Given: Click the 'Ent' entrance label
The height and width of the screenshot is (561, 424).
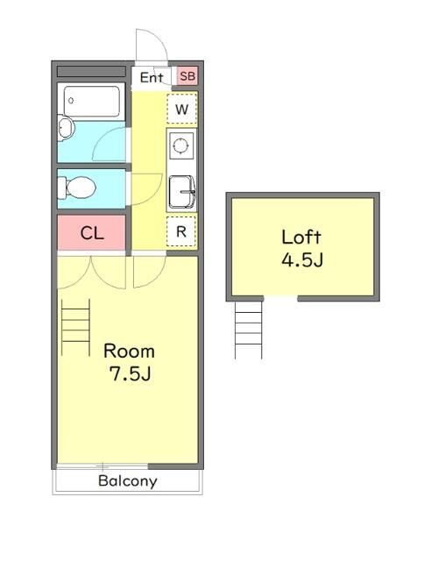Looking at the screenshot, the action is [152, 77].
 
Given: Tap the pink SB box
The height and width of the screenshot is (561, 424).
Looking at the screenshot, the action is [187, 76].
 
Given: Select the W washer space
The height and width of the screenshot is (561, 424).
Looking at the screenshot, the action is [182, 109].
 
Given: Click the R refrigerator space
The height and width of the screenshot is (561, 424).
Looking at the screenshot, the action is [181, 231].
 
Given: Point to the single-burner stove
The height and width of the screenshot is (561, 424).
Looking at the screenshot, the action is [180, 146].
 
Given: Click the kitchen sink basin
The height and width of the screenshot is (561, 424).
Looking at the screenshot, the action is [182, 192].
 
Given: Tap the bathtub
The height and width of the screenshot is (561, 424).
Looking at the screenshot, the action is [91, 102].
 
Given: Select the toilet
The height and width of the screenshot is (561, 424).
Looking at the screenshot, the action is [77, 188].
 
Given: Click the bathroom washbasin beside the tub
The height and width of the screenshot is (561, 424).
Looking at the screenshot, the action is [66, 127].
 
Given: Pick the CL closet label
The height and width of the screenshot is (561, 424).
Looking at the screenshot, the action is [92, 233].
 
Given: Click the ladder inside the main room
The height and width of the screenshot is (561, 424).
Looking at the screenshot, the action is [75, 327].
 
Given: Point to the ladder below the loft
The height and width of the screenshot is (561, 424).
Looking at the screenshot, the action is [248, 330].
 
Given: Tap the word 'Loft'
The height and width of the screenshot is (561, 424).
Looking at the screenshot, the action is [301, 238].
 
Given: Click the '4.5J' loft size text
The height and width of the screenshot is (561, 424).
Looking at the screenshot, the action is [302, 260].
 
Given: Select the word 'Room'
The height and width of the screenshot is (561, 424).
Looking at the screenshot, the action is [129, 351].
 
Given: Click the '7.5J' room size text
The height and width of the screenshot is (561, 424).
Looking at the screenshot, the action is [130, 374].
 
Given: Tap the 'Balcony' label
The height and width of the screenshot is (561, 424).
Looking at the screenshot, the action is [128, 481].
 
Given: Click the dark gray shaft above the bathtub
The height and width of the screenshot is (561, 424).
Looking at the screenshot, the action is [91, 71].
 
